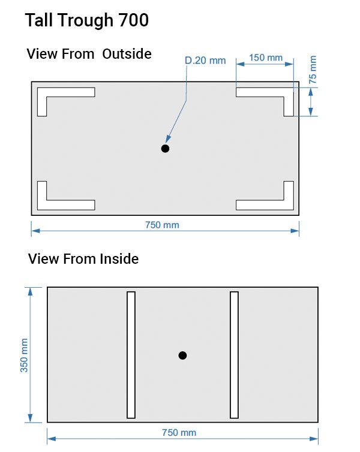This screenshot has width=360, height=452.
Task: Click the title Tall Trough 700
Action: pos(87,20)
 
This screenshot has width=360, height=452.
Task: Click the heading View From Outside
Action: pos(89,54)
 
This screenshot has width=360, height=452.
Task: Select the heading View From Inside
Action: pos(83,258)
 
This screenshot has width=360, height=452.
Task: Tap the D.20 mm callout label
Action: pos(205,61)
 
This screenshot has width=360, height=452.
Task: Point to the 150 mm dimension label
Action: pos(266,58)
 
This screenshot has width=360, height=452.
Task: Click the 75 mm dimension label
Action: pos(313,70)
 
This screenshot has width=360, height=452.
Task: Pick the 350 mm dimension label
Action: pos(24,355)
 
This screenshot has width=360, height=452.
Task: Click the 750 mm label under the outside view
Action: pos(162,225)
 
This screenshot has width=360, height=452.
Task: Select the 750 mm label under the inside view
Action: pos(179,432)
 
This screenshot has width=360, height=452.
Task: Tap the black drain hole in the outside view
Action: pos(165,149)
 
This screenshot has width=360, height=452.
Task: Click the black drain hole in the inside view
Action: pos(182,355)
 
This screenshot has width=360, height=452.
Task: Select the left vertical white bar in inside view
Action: pos(131,355)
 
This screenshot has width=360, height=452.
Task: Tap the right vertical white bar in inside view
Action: pos(234,355)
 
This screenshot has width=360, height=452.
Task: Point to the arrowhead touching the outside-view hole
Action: pos(168,139)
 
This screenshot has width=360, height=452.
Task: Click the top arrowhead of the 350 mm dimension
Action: pos(30,291)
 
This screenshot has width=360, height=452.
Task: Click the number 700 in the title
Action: pos(134,20)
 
